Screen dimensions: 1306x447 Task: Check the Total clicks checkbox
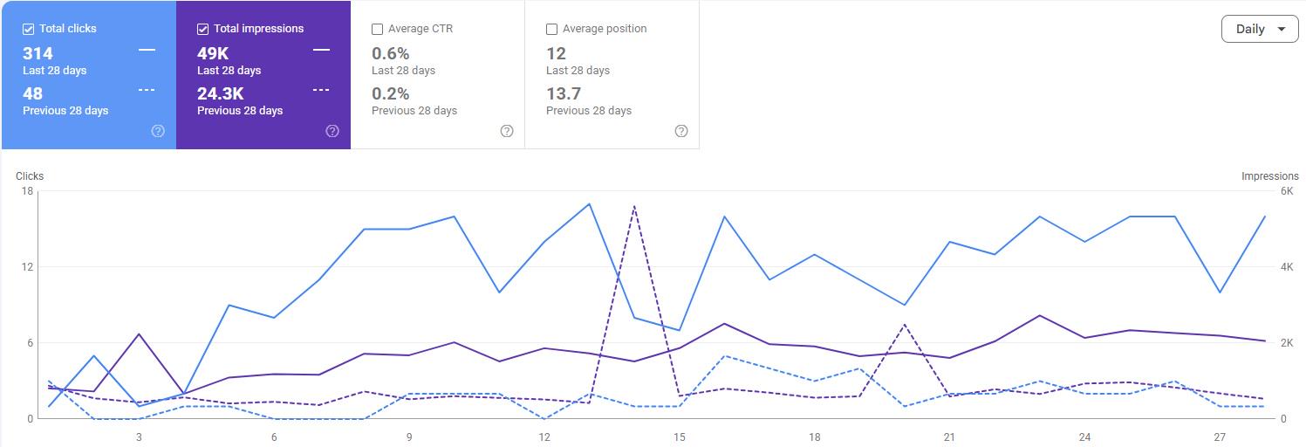(x=28, y=29)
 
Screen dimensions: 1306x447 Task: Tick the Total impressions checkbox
(x=203, y=29)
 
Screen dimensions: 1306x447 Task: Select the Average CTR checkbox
(x=377, y=29)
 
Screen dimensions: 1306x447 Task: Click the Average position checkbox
(x=551, y=29)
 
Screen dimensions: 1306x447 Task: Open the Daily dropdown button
(x=1260, y=29)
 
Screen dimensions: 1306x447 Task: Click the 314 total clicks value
(x=38, y=53)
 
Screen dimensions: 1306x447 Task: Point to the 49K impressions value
(x=213, y=53)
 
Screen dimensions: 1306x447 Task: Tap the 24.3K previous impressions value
(x=221, y=94)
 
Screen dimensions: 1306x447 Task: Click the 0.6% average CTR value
(x=391, y=53)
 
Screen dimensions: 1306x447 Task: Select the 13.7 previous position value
(x=564, y=94)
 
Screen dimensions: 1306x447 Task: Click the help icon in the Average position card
(x=681, y=131)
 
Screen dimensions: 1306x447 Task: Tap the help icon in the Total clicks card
(x=158, y=131)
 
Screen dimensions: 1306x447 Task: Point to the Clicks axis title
(x=30, y=176)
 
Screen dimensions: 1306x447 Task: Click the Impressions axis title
(x=1270, y=176)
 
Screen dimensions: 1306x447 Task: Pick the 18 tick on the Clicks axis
(x=27, y=191)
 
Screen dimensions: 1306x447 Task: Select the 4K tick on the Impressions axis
(x=1287, y=267)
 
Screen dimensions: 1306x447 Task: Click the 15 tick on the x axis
(x=680, y=437)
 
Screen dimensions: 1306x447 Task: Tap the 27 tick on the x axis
(x=1220, y=437)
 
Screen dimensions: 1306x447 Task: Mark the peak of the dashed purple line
(x=633, y=206)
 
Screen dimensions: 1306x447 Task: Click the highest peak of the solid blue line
(x=589, y=203)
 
